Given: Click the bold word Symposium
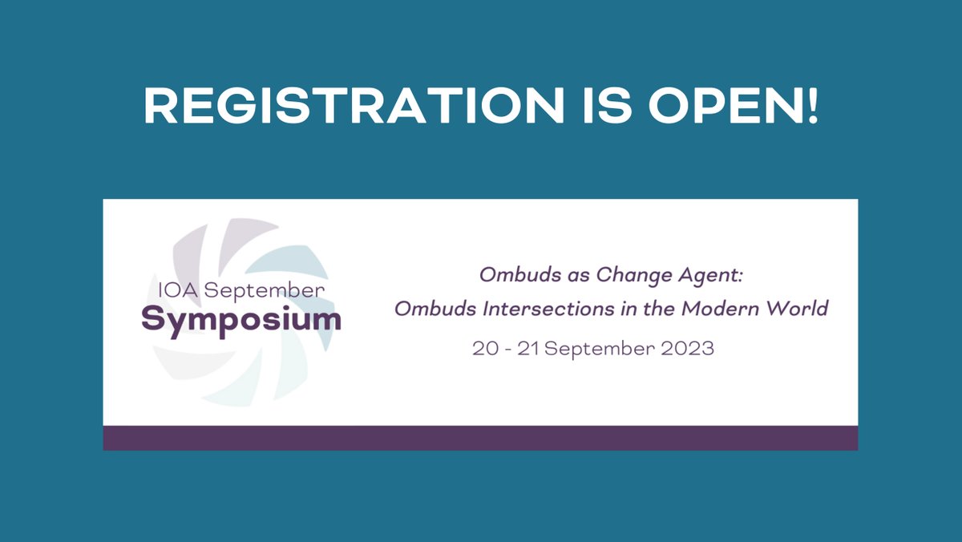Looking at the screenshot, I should coord(241,320).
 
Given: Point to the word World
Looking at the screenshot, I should coord(798,309).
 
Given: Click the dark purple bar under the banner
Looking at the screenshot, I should coord(480,438).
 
